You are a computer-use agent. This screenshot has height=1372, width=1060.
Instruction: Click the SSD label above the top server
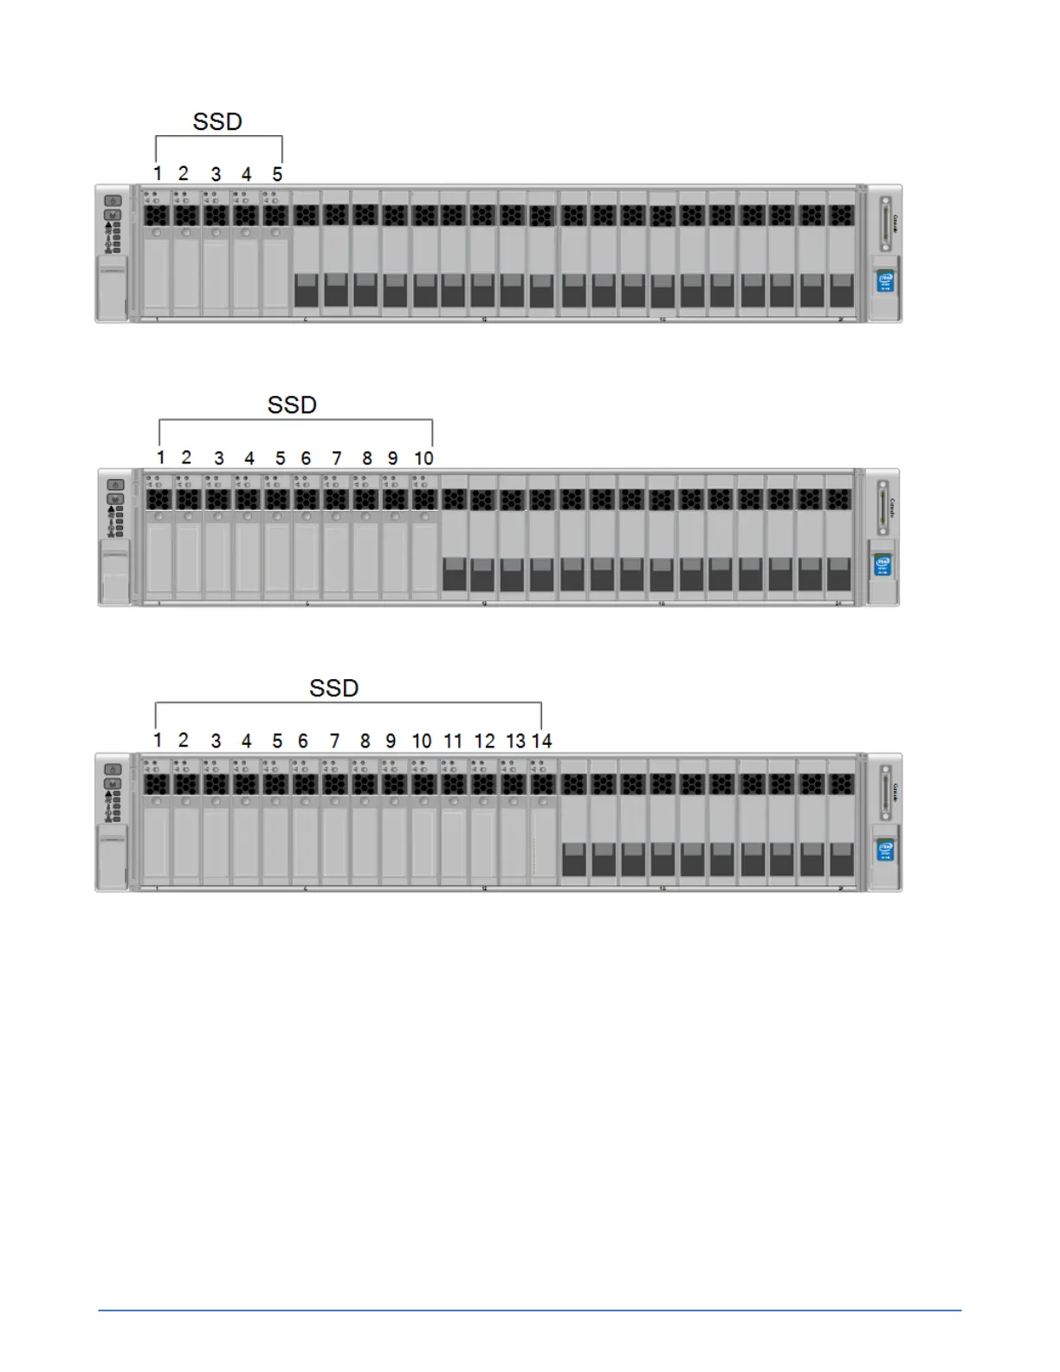217,122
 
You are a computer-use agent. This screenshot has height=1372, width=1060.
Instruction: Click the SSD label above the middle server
292,405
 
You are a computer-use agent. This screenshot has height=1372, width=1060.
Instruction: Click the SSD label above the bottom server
333,689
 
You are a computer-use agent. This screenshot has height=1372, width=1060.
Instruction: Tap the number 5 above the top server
277,175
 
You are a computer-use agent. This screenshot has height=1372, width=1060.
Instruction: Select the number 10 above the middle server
423,458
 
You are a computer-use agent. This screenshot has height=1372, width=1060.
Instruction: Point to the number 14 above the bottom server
542,741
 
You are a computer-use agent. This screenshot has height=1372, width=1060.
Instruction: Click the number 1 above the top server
158,174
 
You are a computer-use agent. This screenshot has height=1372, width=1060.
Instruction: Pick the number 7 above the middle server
337,458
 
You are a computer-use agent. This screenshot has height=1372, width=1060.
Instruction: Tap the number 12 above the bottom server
484,741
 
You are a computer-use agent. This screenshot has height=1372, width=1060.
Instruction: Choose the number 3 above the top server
216,175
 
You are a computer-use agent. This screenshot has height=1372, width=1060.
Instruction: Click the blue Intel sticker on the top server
885,282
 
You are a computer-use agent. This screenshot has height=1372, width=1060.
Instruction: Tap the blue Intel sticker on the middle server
882,565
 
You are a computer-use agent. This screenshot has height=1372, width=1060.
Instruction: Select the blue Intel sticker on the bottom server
885,850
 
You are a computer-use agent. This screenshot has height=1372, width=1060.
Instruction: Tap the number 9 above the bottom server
391,741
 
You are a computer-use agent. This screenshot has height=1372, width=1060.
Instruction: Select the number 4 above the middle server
249,458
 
